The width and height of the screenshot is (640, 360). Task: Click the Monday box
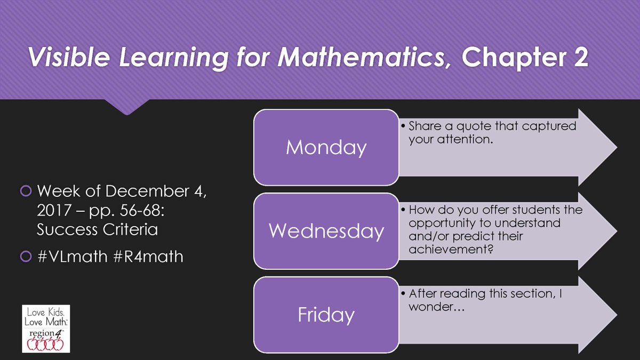326,147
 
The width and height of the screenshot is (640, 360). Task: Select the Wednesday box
326,230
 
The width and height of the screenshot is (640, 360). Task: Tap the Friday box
326,314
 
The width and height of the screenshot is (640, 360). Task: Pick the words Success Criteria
98,231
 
